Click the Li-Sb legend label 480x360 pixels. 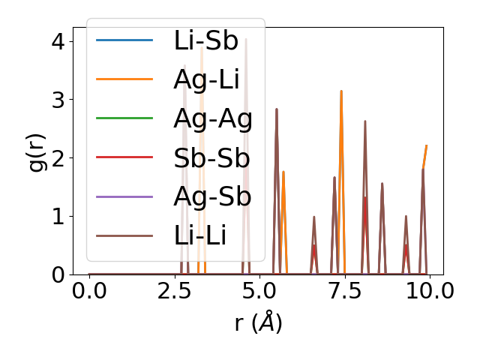205,40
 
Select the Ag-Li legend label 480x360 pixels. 207,79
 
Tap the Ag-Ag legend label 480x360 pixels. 212,118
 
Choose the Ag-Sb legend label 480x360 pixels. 211,196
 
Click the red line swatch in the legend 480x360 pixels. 124,157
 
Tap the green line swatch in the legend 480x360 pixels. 124,118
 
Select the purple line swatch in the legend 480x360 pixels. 124,196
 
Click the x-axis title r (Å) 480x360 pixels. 258,323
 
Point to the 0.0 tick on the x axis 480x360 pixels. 89,291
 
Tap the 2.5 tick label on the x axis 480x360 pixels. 174,291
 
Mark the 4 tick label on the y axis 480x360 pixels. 57,41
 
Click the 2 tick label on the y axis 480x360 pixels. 57,158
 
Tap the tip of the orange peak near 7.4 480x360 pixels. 341,91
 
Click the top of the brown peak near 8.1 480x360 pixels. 365,121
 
